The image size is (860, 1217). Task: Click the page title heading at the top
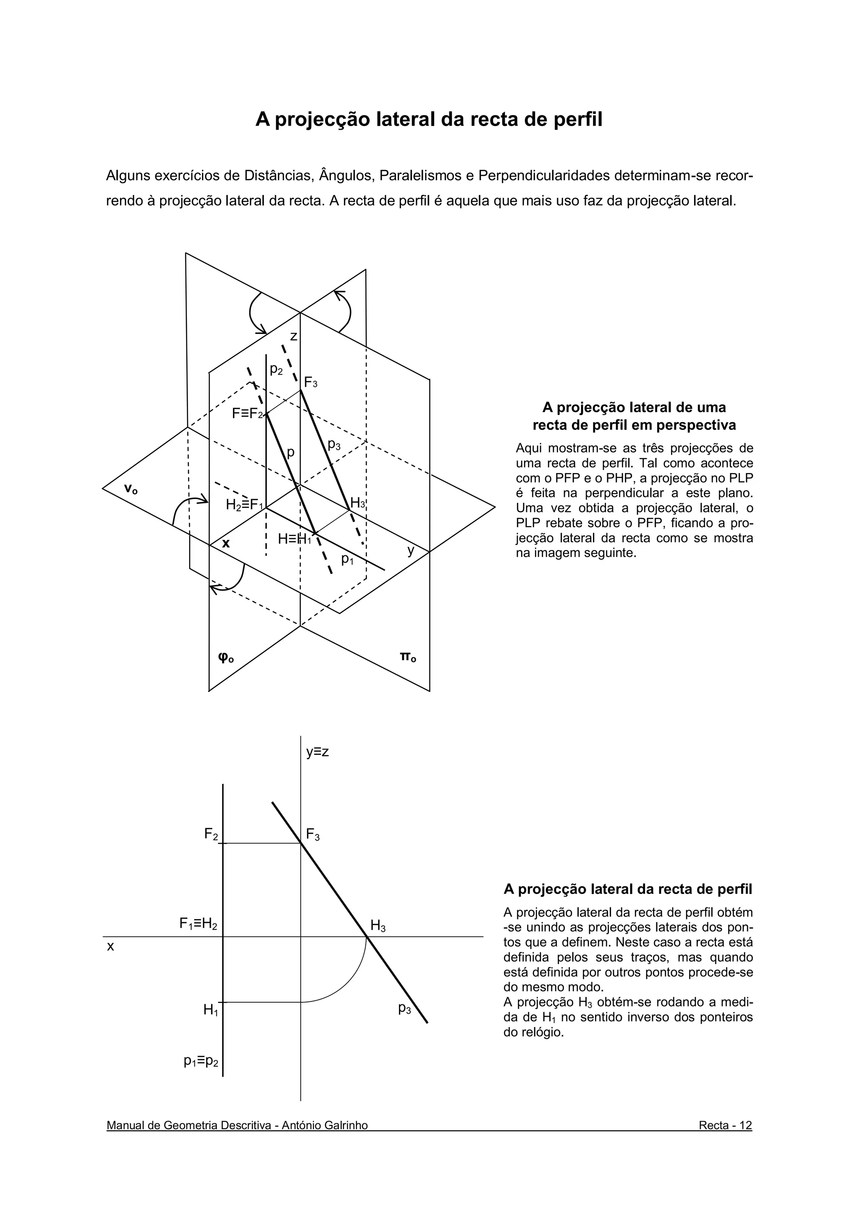[429, 119]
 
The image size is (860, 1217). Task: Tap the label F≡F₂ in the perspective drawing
[247, 413]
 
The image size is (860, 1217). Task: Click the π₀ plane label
[407, 657]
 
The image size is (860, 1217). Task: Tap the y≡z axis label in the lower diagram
[317, 752]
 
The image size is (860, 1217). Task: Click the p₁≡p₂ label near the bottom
[202, 1061]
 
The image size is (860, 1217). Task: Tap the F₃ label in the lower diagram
[312, 836]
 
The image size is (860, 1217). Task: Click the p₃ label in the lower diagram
[405, 1008]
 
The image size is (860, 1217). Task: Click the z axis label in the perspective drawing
[293, 336]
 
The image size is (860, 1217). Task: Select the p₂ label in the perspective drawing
[276, 369]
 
